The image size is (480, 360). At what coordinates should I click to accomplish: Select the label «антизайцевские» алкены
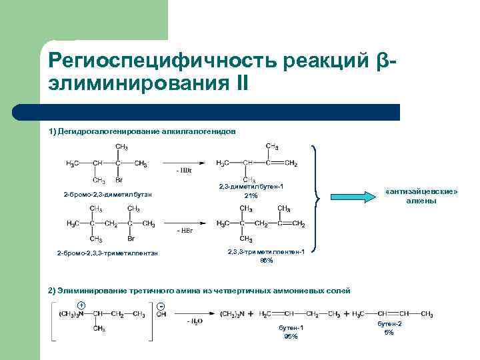pyautogui.click(x=422, y=196)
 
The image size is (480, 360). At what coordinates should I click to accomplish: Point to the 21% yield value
pyautogui.click(x=251, y=196)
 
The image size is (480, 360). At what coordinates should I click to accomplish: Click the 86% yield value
pyautogui.click(x=267, y=261)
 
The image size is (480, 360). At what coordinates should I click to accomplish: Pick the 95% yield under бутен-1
pyautogui.click(x=291, y=337)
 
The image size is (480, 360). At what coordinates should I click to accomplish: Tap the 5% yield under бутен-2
pyautogui.click(x=389, y=332)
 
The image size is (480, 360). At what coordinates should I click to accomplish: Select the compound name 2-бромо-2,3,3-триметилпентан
pyautogui.click(x=107, y=253)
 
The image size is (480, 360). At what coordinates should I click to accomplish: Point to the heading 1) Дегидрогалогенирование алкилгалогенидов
pyautogui.click(x=142, y=132)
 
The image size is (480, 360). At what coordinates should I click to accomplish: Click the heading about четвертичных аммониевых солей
pyautogui.click(x=199, y=291)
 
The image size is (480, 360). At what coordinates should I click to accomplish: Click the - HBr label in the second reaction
pyautogui.click(x=185, y=230)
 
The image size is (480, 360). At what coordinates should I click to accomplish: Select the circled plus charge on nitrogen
pyautogui.click(x=81, y=305)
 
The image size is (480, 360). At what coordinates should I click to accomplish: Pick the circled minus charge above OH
pyautogui.click(x=161, y=305)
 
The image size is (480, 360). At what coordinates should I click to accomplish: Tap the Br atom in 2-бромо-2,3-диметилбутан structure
pyautogui.click(x=119, y=179)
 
